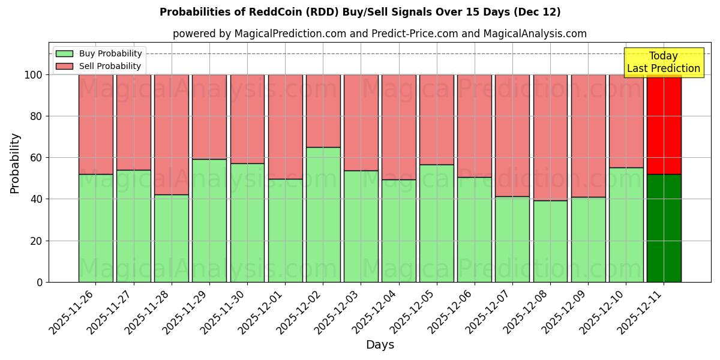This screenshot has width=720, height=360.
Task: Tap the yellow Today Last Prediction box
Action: coord(663,62)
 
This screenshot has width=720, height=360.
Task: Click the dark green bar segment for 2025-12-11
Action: coord(664,228)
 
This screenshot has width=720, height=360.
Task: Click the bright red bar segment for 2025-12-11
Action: coord(664,124)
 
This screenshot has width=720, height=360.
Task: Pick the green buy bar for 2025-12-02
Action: coord(323,214)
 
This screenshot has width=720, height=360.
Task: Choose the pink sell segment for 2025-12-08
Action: coord(550,137)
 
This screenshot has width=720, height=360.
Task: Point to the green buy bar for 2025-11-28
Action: coord(171,238)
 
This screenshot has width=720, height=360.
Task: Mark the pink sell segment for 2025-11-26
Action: coord(95,124)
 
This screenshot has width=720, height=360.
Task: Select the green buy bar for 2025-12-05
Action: coord(436,223)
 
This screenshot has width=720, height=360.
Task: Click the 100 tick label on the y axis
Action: coord(34,75)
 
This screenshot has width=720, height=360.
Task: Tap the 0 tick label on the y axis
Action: coord(40,282)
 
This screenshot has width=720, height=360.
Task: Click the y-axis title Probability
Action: coord(15,163)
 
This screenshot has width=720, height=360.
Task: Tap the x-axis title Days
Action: coord(380,345)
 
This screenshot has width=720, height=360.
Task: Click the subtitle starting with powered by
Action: coord(379,34)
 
